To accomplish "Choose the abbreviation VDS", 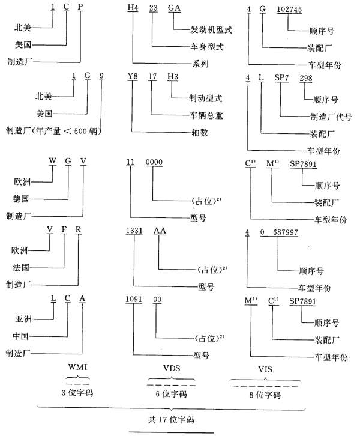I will tap(171, 367).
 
